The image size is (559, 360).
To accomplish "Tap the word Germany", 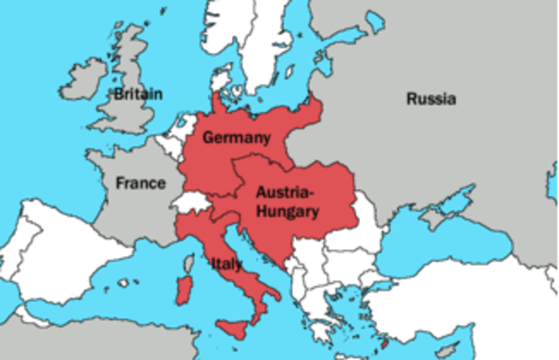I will click(236, 138).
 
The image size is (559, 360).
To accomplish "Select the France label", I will click(141, 183).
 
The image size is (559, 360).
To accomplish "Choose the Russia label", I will click(431, 99).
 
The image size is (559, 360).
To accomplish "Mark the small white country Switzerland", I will click(190, 204).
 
